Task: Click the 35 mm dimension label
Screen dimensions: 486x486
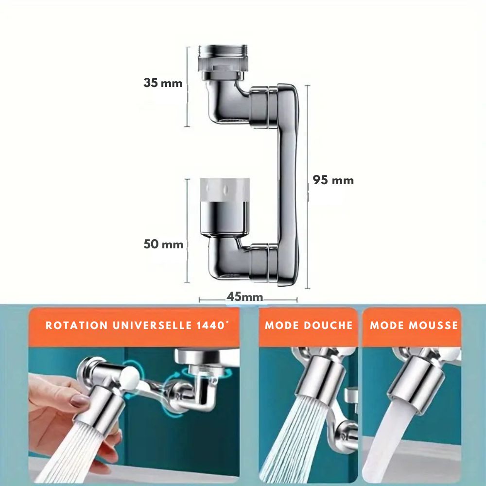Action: point(163,83)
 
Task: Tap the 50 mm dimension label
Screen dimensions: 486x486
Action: point(163,244)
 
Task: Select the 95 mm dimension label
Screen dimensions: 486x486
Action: point(333,180)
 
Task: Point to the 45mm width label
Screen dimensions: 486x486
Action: point(245,296)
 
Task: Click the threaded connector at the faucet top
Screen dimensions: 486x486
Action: point(223,58)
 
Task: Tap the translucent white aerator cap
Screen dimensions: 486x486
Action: point(225,190)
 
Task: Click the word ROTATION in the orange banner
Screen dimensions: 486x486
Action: point(77,325)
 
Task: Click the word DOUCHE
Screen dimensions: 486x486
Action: point(328,325)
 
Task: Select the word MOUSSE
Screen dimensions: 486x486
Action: point(434,325)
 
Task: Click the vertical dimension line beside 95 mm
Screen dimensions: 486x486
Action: point(308,187)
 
